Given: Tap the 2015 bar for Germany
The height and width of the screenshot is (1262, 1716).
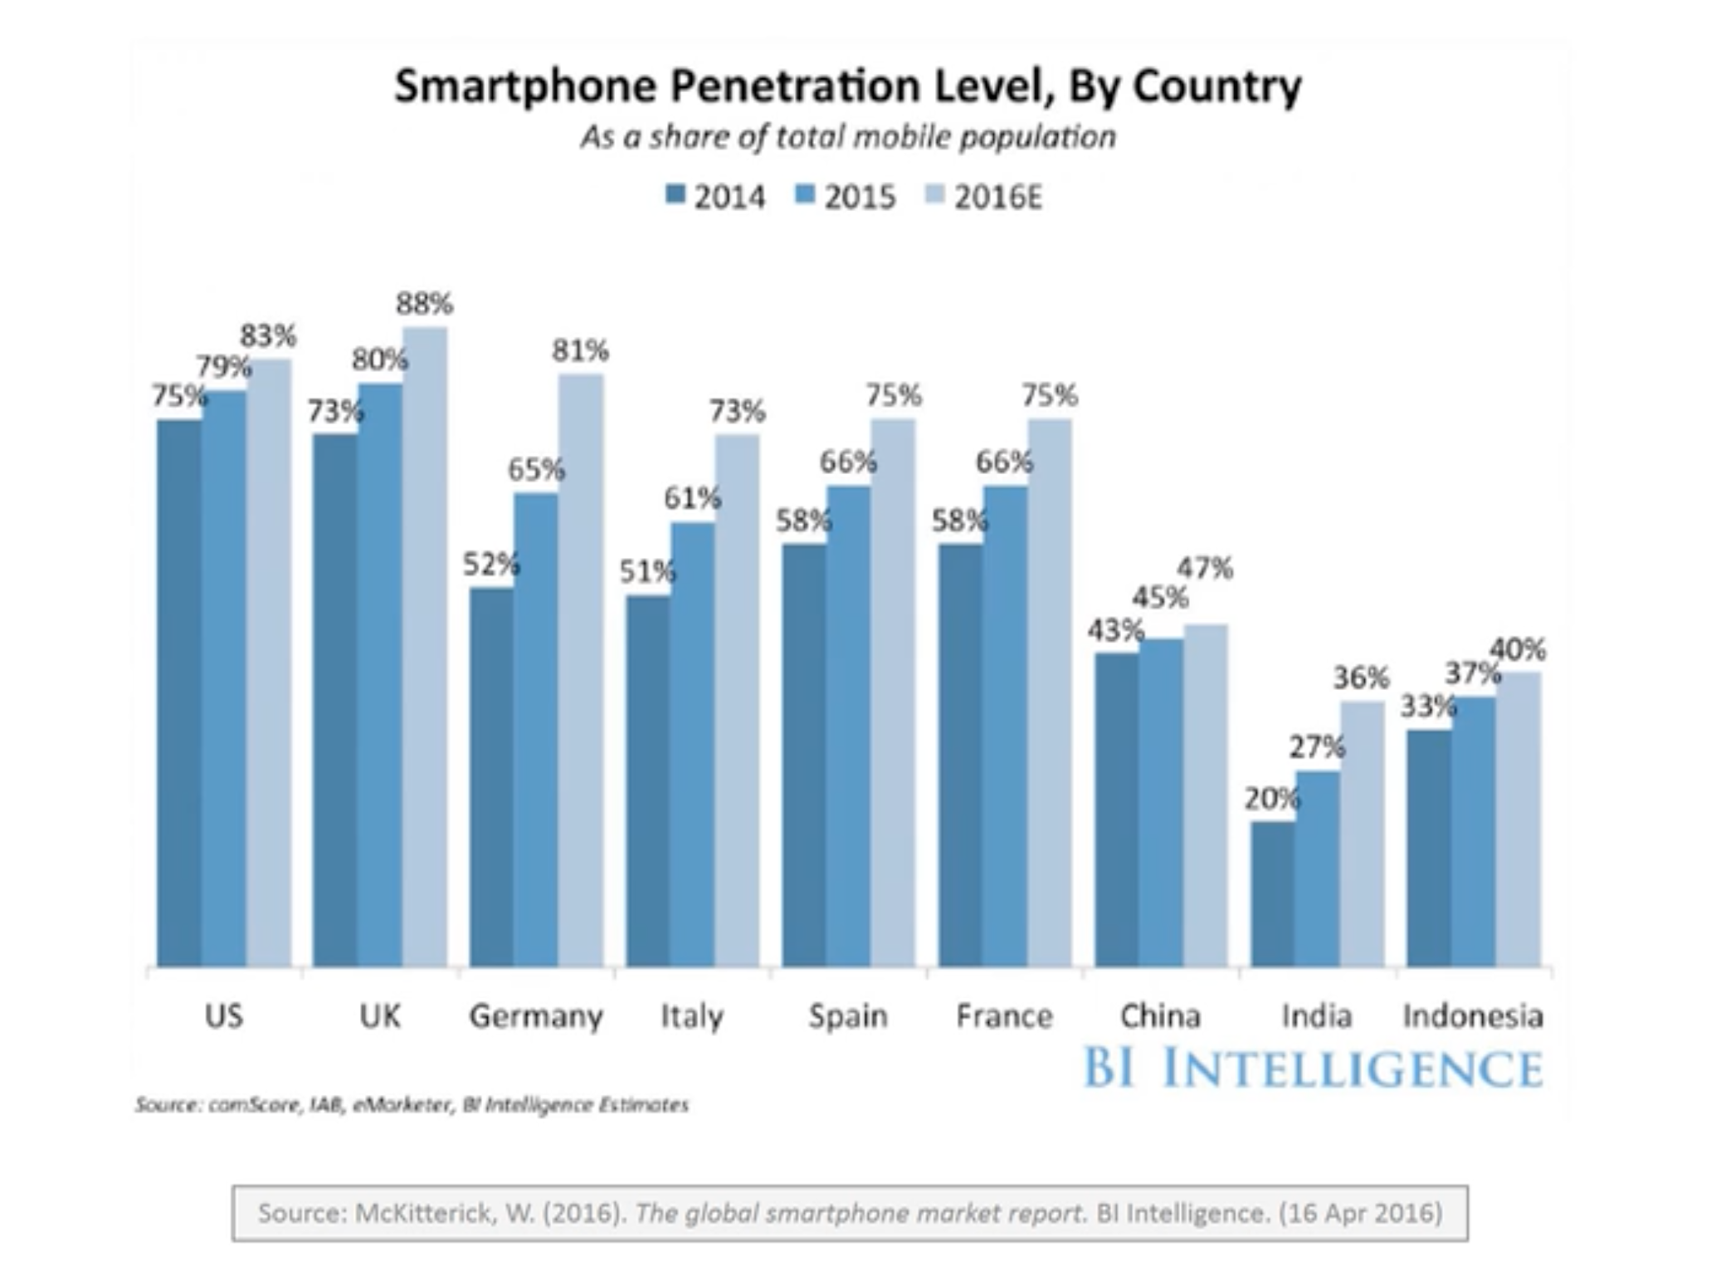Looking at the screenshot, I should [x=536, y=730].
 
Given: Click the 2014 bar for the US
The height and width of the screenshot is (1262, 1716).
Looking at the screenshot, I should [x=179, y=693].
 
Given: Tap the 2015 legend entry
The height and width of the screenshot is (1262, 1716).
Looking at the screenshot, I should [x=846, y=198].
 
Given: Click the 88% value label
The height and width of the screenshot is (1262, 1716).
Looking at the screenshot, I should [x=424, y=305].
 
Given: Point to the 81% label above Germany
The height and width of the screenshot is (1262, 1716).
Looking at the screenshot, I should [x=580, y=351].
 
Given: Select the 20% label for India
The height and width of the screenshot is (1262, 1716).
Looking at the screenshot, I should [x=1271, y=799].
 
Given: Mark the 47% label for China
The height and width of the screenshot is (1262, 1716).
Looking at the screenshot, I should [x=1205, y=569].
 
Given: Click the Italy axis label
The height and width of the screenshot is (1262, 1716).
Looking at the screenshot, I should [x=692, y=1015].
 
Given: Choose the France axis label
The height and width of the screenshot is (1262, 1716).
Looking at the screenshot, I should [x=1004, y=1015].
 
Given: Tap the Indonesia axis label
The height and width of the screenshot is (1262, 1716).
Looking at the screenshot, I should [x=1473, y=1015].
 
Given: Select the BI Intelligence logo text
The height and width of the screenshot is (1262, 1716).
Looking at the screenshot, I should [x=1313, y=1068].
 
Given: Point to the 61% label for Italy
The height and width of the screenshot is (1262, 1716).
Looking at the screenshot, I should [x=691, y=498].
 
